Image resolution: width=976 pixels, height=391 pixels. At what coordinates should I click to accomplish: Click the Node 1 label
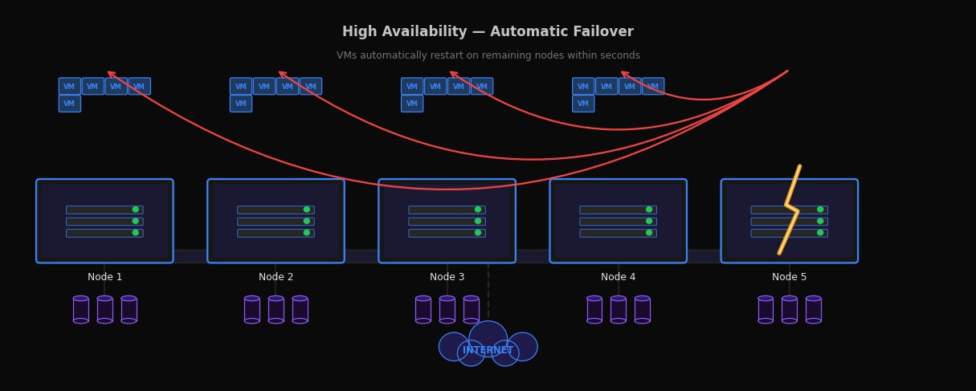(104, 277)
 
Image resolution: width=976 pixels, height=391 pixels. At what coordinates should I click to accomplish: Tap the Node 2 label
(276, 277)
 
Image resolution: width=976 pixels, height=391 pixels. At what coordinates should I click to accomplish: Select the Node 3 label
(447, 277)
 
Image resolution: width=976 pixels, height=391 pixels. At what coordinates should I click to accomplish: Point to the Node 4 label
(618, 277)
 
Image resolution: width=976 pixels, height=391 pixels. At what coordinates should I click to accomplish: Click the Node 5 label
(789, 277)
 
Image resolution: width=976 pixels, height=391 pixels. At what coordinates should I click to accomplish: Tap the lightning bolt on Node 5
(790, 210)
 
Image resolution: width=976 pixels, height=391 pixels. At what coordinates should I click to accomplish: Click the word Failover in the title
(602, 32)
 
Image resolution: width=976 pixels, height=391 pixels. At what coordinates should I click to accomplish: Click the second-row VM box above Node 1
(69, 104)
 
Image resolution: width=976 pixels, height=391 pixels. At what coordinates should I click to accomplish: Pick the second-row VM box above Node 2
(240, 104)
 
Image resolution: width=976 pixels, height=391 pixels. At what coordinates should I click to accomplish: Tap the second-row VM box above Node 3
(412, 104)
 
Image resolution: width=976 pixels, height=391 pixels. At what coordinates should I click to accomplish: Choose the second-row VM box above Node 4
(583, 104)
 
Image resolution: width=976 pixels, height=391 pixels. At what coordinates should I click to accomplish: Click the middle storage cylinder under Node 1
(104, 310)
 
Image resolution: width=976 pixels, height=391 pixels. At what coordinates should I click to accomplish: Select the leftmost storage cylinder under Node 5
(766, 310)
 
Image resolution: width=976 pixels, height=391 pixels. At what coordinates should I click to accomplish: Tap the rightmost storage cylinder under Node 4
(642, 310)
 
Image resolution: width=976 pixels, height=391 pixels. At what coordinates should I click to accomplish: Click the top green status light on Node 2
(307, 210)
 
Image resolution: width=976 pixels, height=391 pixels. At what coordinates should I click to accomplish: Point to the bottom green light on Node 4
(649, 233)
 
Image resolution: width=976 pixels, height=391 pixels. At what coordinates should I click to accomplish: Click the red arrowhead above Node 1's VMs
(112, 74)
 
